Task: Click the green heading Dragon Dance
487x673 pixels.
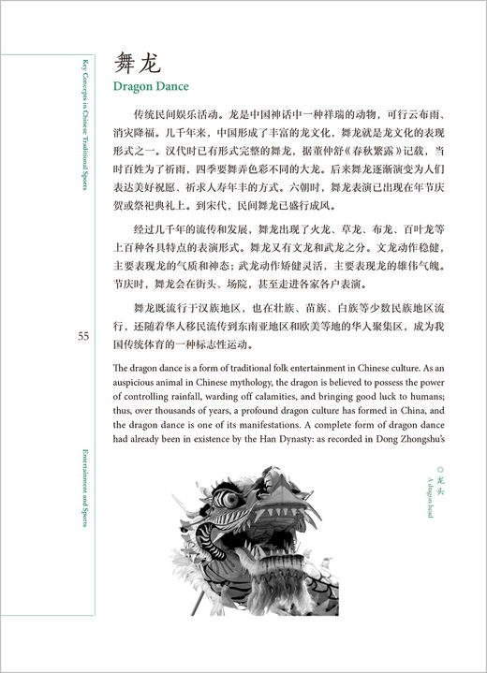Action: click(x=156, y=89)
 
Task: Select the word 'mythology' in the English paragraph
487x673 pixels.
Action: click(x=290, y=379)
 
